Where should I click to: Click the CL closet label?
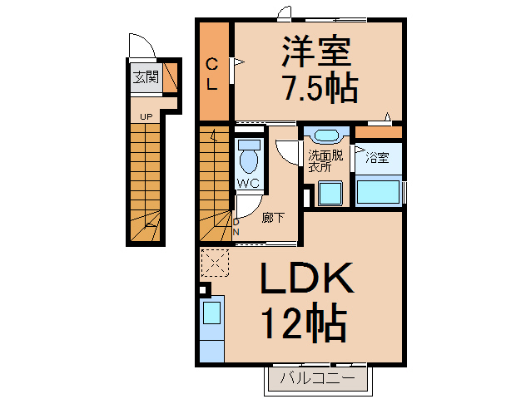click(212, 73)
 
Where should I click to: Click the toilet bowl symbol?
click(248, 155)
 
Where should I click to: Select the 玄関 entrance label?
click(146, 80)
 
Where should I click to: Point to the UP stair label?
click(146, 116)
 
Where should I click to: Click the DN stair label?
click(236, 227)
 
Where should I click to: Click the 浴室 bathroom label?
click(377, 158)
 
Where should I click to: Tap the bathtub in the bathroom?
click(379, 191)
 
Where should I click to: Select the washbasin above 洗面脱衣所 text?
click(325, 136)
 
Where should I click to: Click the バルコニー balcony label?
click(316, 379)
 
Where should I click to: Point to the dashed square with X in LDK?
click(215, 264)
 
